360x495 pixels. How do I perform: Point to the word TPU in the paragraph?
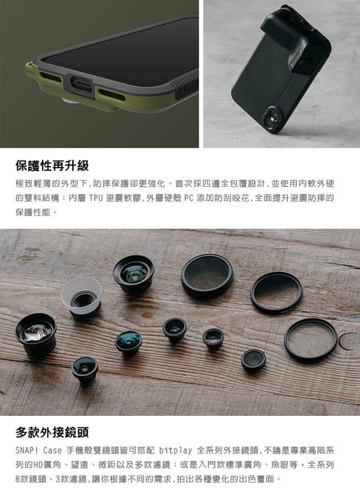[95, 198]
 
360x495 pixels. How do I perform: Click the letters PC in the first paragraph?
[188, 198]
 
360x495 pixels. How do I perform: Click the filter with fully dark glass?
[207, 275]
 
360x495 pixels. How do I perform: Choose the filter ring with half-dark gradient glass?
[276, 292]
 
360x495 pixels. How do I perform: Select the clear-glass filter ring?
[311, 339]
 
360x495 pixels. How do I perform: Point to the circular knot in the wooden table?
[348, 341]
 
